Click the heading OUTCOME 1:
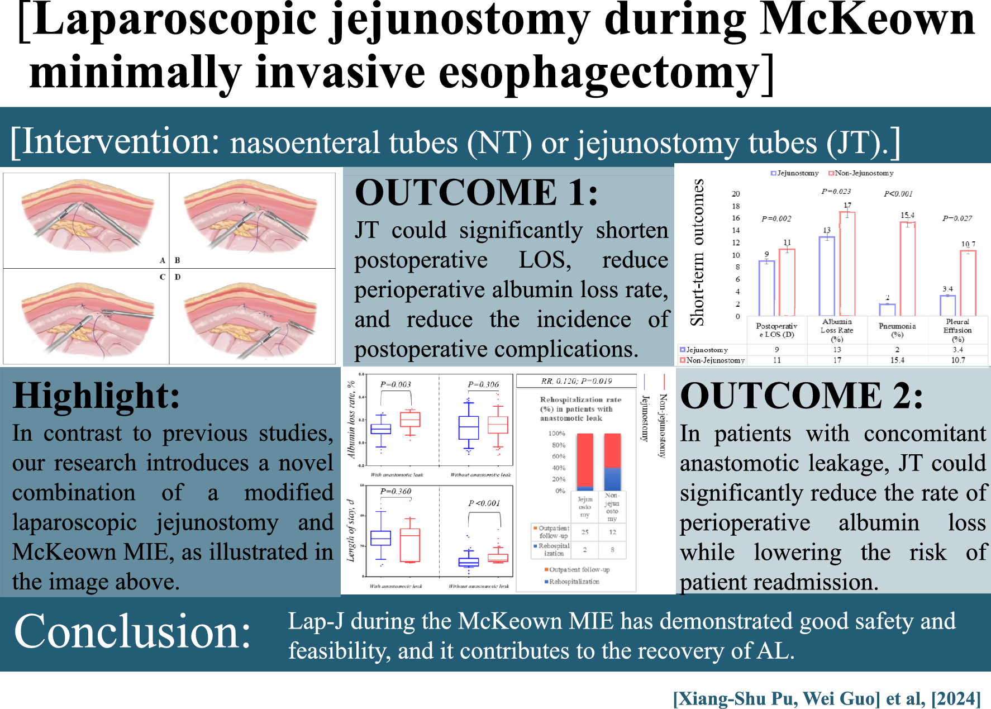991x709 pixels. [476, 193]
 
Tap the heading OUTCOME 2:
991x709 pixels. [801, 396]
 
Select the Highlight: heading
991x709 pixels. [97, 396]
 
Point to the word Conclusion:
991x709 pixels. [132, 632]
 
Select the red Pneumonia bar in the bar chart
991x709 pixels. [907, 268]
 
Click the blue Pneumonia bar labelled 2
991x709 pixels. [887, 310]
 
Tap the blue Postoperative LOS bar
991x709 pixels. [766, 288]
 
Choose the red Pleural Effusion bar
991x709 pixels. [968, 283]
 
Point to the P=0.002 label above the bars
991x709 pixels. [776, 218]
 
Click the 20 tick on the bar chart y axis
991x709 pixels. [736, 194]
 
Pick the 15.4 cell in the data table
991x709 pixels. [897, 360]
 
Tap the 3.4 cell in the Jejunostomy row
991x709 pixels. [958, 350]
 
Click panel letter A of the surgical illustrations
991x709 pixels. [163, 260]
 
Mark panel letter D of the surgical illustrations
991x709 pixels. [178, 277]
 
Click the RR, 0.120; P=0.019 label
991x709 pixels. [577, 381]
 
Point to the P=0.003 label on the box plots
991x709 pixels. [396, 384]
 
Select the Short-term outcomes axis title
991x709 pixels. [697, 252]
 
